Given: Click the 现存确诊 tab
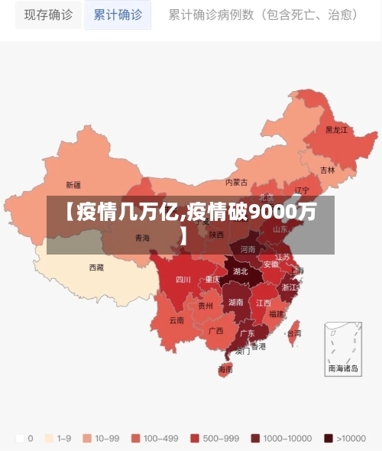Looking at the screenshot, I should pos(48,15).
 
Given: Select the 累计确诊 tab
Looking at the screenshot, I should pos(118,15).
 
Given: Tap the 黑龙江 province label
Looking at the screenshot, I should pos(336,130).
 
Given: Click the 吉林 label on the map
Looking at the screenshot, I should pos(327,170).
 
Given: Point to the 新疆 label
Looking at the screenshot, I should pos(73,184).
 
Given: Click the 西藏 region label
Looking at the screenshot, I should pos(96,268).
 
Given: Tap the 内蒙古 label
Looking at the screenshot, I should pos(237,182).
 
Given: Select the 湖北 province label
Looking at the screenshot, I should pos(240,271).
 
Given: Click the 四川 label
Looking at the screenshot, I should pos(183,280).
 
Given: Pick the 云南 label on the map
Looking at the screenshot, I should pos(176,320).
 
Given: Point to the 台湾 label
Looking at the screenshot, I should pos(293,333).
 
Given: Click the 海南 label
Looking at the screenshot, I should pos(225,369).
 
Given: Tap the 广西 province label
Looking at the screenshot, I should pos(215,331).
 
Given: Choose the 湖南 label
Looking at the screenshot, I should pos(237,303).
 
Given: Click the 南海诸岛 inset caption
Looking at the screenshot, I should pos(342,368).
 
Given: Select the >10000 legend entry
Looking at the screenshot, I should pos(349,439).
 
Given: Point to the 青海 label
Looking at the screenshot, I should pos(142,238).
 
